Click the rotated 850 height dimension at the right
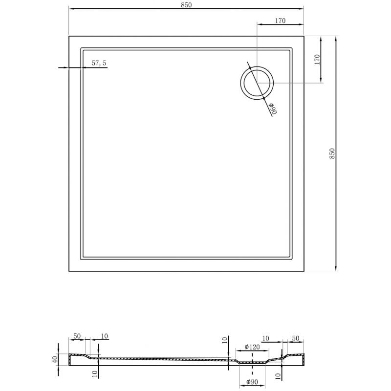click(332, 153)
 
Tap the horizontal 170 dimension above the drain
click(280, 21)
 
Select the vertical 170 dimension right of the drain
click(317, 60)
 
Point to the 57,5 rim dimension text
click(99, 63)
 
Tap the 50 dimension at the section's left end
click(77, 336)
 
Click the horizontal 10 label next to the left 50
click(104, 336)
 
